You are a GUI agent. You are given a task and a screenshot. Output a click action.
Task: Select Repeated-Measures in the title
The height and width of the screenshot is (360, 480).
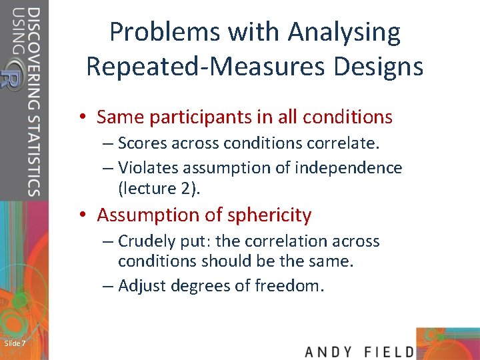(198, 67)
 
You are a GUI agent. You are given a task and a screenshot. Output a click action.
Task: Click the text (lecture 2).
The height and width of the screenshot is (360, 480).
(159, 189)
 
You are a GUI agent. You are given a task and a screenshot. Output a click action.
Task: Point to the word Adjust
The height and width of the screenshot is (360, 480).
(143, 286)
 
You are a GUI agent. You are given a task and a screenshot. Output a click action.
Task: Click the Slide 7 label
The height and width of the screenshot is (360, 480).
(15, 343)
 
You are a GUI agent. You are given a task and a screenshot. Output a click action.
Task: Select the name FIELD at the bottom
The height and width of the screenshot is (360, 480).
(390, 351)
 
